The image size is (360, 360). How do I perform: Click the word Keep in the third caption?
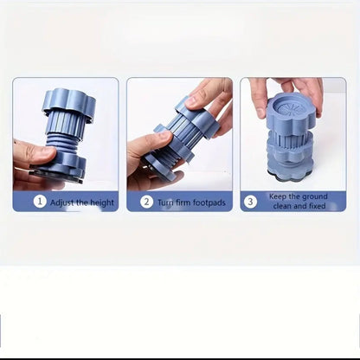[x=278, y=196]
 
